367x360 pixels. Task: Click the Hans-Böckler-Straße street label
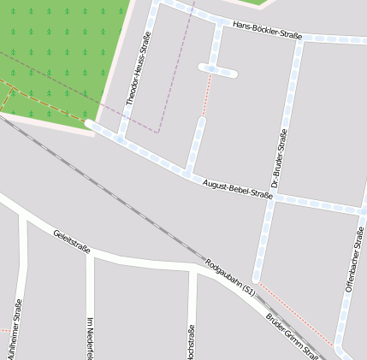tap(267, 31)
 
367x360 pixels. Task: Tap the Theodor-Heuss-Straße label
tap(138, 68)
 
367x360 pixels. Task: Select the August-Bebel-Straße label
tap(238, 189)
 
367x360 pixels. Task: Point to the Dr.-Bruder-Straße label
tap(278, 159)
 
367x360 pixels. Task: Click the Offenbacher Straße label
tap(353, 260)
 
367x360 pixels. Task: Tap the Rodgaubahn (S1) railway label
tap(231, 277)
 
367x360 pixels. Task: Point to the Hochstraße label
tap(190, 342)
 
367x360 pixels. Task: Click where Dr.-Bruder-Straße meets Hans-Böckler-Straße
tap(299, 38)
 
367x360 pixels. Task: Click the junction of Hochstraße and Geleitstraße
tap(193, 269)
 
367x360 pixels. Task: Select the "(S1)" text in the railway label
tap(248, 292)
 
